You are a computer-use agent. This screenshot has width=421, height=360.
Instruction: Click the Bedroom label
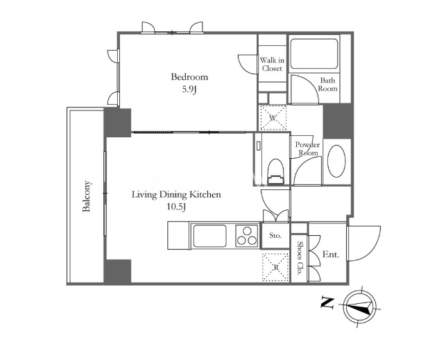[x=189, y=77]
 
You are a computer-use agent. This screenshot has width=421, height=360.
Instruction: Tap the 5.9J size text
[x=189, y=89]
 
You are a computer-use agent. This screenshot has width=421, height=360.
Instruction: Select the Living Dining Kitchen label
[x=176, y=195]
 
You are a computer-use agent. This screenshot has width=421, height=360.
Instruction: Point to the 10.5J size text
[x=176, y=207]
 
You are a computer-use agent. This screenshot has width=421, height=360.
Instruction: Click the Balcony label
[x=87, y=196]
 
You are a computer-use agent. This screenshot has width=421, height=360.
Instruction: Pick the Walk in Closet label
[x=272, y=64]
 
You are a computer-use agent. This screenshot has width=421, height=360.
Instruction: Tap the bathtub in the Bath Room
[x=314, y=53]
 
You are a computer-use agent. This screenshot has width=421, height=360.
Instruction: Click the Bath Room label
[x=328, y=85]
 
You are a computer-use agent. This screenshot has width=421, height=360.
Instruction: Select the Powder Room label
[x=308, y=148]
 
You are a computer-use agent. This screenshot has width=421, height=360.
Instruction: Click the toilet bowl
[x=276, y=171]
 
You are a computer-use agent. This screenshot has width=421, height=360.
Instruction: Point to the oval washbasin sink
[x=336, y=161]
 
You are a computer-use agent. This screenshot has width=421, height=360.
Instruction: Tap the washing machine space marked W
[x=273, y=118]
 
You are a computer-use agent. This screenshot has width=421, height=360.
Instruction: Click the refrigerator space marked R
[x=276, y=267]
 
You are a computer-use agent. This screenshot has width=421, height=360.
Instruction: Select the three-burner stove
[x=247, y=235]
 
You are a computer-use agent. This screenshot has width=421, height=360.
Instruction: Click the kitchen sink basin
[x=209, y=235]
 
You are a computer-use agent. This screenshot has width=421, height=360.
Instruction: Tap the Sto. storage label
[x=275, y=235]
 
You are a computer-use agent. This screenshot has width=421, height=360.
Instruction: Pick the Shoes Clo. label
[x=300, y=258]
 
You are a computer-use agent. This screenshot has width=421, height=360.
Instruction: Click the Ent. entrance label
[x=331, y=254]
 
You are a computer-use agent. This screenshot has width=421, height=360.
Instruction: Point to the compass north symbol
[x=360, y=307]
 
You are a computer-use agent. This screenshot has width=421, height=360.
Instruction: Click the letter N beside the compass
[x=327, y=303]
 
